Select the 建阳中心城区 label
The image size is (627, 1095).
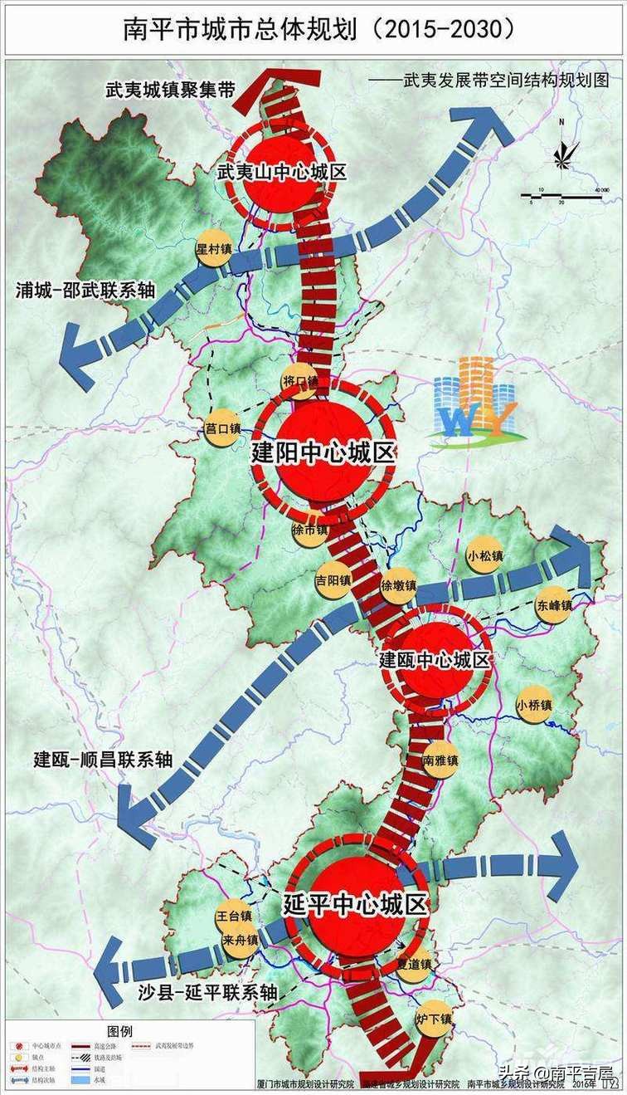tap(324, 454)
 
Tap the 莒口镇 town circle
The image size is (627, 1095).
tap(221, 428)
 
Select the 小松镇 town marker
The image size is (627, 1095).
tap(484, 554)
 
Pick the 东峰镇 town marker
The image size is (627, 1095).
tap(554, 604)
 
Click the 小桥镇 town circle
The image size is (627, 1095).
tap(532, 705)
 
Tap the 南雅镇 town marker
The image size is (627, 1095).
tap(440, 760)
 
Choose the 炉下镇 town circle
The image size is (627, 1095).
tap(434, 1019)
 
